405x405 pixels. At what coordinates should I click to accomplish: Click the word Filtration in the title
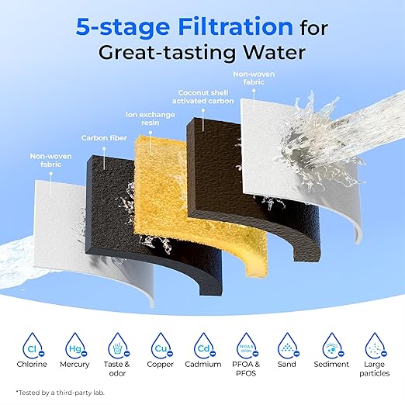[x=236, y=27]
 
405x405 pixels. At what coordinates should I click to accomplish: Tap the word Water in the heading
[x=275, y=53]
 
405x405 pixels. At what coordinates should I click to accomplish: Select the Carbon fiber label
[x=104, y=138]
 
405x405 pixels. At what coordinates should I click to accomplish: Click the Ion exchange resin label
[x=151, y=118]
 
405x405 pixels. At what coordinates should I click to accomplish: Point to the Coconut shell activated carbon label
[x=203, y=97]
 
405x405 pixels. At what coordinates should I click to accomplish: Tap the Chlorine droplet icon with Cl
[x=33, y=346]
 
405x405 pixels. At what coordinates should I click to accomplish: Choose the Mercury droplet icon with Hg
[x=76, y=346]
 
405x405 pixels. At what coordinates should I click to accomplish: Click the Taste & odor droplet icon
[x=119, y=346]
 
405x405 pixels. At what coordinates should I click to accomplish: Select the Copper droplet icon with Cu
[x=161, y=346]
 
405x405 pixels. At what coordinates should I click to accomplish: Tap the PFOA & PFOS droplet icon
[x=247, y=346]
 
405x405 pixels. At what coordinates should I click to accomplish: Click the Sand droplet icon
[x=289, y=346]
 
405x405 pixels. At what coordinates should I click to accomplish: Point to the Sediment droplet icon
[x=333, y=346]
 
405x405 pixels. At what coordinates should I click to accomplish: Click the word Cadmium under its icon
[x=203, y=365]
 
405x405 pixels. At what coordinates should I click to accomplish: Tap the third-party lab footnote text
[x=61, y=393]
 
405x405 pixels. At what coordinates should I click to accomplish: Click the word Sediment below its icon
[x=331, y=365]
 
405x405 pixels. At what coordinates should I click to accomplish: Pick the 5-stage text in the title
[x=123, y=27]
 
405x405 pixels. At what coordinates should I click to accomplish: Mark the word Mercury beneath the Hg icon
[x=74, y=365]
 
